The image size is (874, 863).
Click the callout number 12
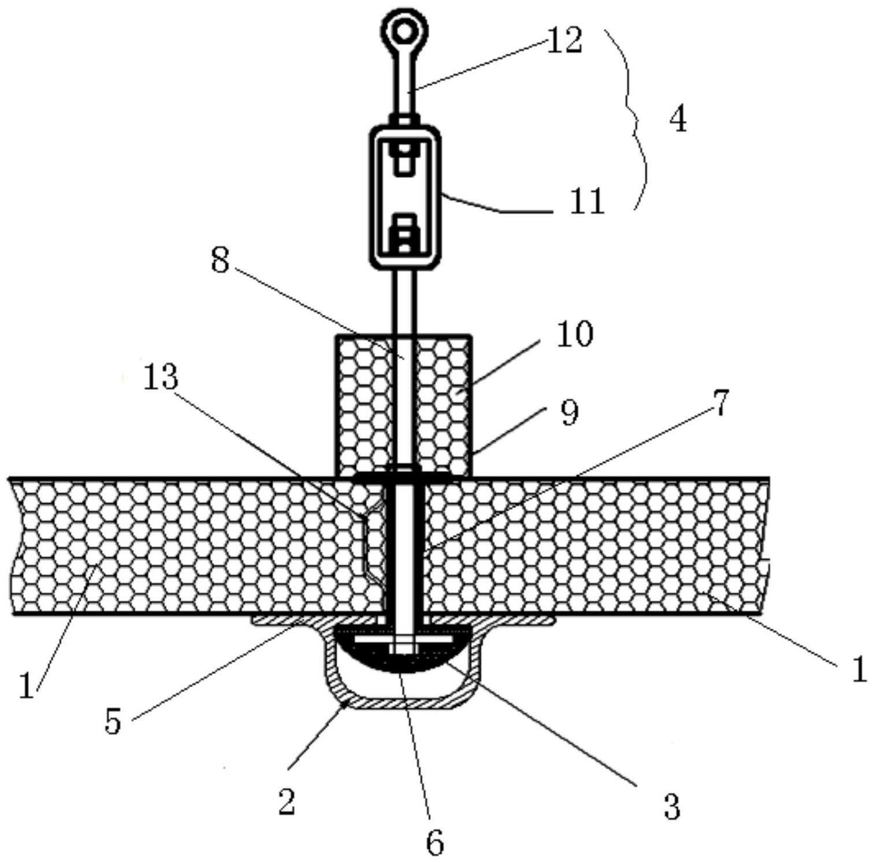(564, 42)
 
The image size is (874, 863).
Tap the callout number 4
(678, 121)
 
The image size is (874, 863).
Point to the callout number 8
(220, 261)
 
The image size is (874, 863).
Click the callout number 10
(574, 334)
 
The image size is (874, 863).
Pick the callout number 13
(161, 378)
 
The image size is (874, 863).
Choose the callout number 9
(570, 413)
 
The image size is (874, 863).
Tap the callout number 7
(721, 403)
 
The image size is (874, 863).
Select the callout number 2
(287, 802)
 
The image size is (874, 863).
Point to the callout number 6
(435, 842)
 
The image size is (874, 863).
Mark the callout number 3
(672, 806)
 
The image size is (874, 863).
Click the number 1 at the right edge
(860, 670)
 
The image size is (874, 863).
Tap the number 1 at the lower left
(27, 686)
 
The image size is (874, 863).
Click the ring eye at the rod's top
(405, 27)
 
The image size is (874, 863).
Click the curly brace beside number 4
(638, 118)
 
